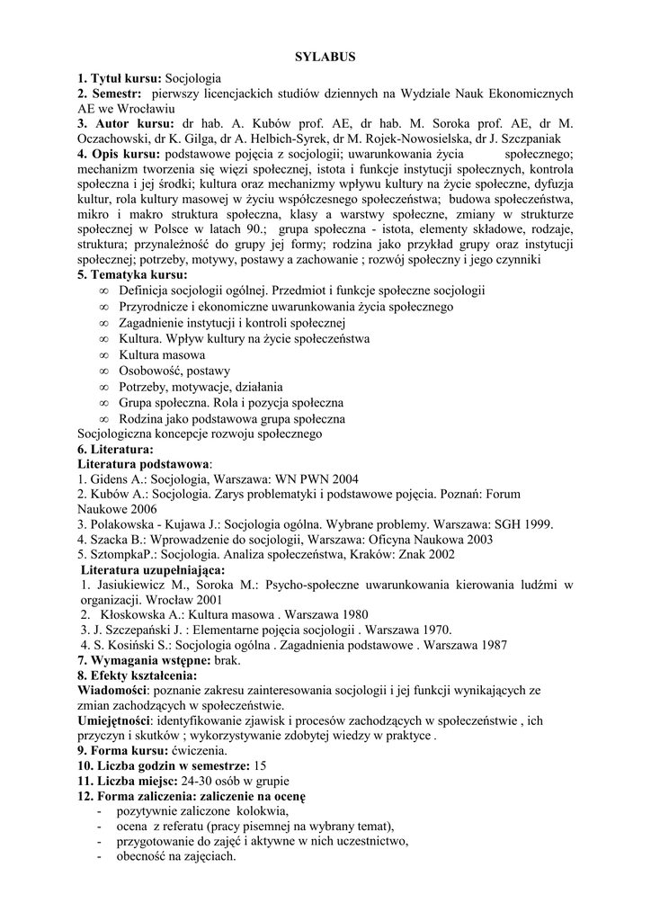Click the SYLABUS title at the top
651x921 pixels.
(x=325, y=57)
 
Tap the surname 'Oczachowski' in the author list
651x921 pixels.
(x=117, y=139)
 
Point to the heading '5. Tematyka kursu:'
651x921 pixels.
(x=133, y=274)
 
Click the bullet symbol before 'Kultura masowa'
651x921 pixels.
(x=104, y=355)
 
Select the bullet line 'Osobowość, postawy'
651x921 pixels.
(x=174, y=371)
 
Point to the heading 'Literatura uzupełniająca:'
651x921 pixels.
(x=153, y=569)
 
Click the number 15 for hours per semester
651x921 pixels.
(x=262, y=765)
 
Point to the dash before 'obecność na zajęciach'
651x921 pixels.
(x=97, y=856)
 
